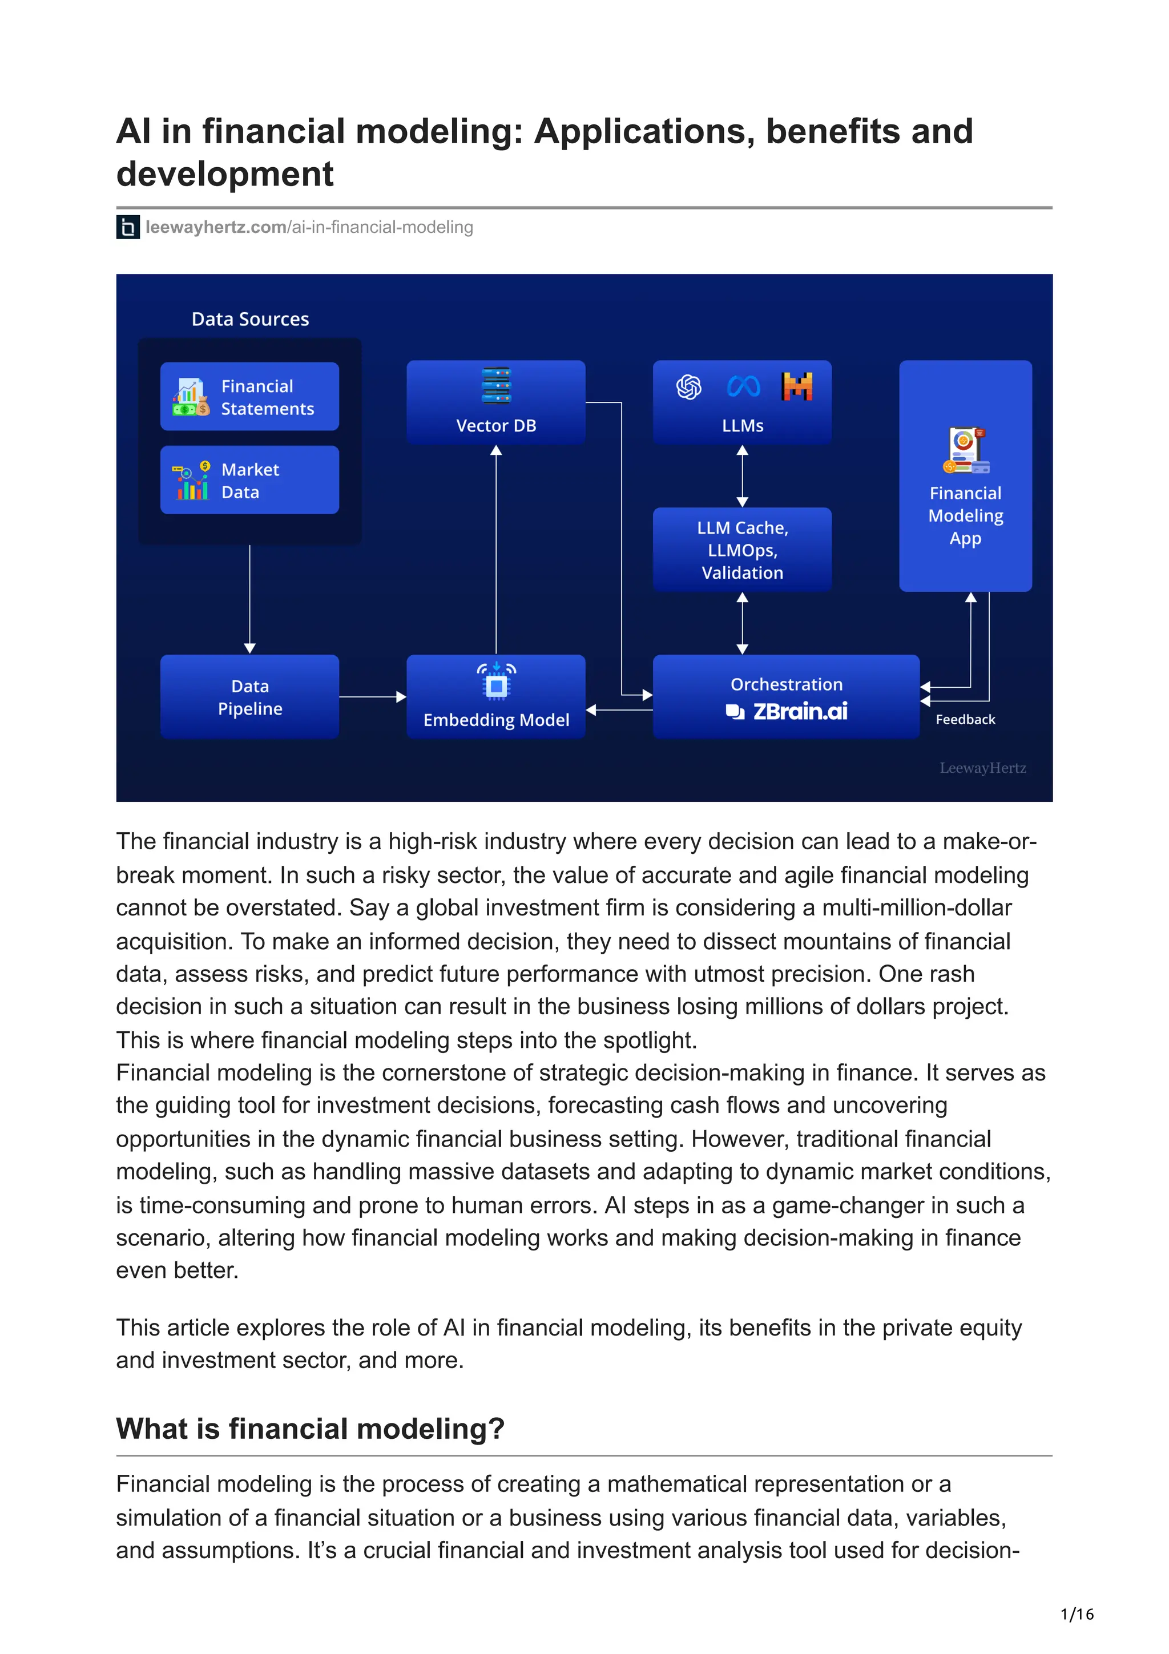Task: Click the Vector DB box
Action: coord(495,401)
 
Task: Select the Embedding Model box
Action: coord(495,696)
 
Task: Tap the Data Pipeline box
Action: coord(249,696)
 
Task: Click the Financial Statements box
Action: coord(249,396)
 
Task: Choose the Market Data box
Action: coord(249,480)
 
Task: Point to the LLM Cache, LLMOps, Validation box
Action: coord(742,550)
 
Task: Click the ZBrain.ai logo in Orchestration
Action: coord(787,712)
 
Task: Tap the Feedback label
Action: coord(965,719)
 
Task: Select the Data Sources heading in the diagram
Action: coord(250,319)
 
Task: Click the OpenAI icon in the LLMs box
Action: coord(688,387)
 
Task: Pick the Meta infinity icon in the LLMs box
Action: coord(743,387)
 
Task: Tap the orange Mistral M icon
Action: coord(797,386)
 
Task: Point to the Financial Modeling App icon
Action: coord(965,451)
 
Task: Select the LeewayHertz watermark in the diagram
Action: coord(982,768)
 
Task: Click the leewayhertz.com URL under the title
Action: coord(309,227)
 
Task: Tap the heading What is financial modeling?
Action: coord(311,1429)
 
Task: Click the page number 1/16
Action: coord(1077,1615)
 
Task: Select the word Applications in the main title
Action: coord(644,132)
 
